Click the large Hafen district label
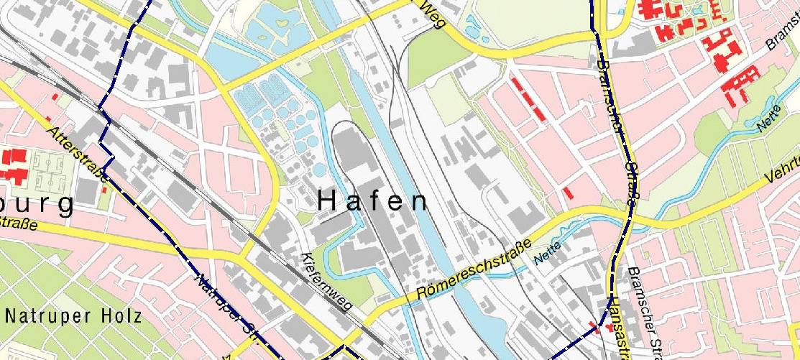[373, 200]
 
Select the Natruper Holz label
[71, 315]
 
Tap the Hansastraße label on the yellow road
[617, 327]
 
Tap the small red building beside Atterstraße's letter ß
[106, 190]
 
